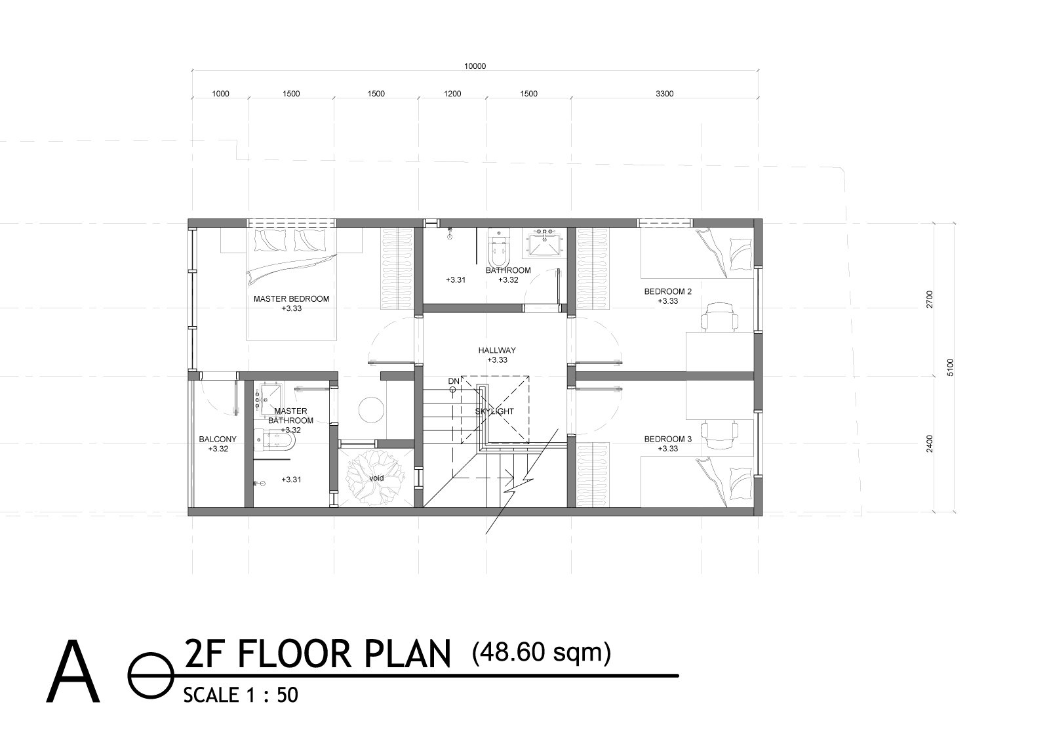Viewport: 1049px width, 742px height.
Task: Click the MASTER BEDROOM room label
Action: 291,299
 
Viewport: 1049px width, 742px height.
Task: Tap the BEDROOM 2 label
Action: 668,292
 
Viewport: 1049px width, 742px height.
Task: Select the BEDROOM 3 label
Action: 668,440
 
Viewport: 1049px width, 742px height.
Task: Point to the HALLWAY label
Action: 497,350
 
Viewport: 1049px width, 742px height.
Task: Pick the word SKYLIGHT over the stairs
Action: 495,411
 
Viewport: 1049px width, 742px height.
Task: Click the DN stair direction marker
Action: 454,381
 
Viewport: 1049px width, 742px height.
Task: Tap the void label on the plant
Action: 376,478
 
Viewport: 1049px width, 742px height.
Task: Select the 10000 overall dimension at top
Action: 475,66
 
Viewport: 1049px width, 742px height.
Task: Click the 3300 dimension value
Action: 664,94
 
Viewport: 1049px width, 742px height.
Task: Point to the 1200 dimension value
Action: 452,94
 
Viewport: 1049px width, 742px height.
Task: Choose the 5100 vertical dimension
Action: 951,366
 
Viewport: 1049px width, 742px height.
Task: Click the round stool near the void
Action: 371,409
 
